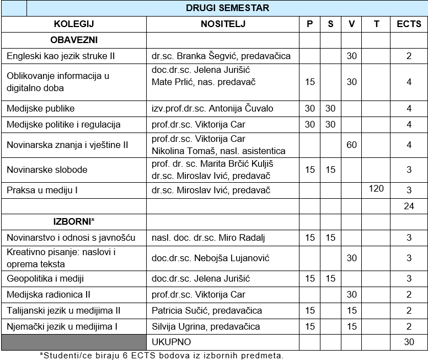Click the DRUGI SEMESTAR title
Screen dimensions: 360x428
click(x=227, y=8)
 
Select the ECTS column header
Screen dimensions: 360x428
click(x=409, y=24)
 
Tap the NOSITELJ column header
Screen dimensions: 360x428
click(x=223, y=24)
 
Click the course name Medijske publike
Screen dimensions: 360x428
click(x=41, y=108)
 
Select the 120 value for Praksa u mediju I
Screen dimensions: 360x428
click(x=376, y=189)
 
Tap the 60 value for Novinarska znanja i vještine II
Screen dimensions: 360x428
click(x=351, y=145)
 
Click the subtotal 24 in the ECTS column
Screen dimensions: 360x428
click(x=409, y=207)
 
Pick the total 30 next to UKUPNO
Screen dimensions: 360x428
click(x=409, y=342)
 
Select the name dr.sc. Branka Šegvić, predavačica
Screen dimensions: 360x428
click(x=221, y=56)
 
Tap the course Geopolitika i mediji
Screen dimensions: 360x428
click(x=45, y=278)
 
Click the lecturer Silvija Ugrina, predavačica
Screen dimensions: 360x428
click(x=206, y=326)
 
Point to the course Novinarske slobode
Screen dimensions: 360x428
click(x=47, y=170)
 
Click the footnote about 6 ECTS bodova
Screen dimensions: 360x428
click(x=162, y=355)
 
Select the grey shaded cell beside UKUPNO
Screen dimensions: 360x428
click(x=73, y=342)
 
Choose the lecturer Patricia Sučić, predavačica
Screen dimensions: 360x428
click(x=207, y=310)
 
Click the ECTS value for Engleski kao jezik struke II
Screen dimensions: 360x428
click(x=409, y=56)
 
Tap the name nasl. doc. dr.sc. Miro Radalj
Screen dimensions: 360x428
click(x=208, y=237)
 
